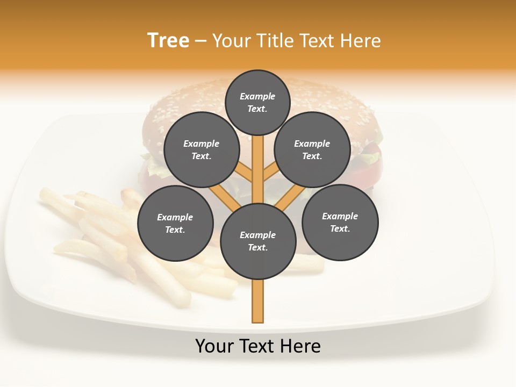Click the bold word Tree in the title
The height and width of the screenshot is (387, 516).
[168, 40]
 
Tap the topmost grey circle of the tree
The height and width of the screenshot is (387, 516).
[257, 102]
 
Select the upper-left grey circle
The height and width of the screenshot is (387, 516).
[202, 149]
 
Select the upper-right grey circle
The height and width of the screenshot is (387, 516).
[312, 149]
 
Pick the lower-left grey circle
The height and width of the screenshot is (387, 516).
[175, 223]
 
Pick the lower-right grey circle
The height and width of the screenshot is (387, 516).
[340, 222]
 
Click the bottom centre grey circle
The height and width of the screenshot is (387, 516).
[258, 241]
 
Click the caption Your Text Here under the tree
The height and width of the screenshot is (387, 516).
[258, 346]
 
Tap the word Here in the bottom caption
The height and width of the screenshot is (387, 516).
[301, 346]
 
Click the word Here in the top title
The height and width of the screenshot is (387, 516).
[361, 40]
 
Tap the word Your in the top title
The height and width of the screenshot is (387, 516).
[232, 40]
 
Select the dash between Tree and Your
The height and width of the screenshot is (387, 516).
[200, 41]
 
